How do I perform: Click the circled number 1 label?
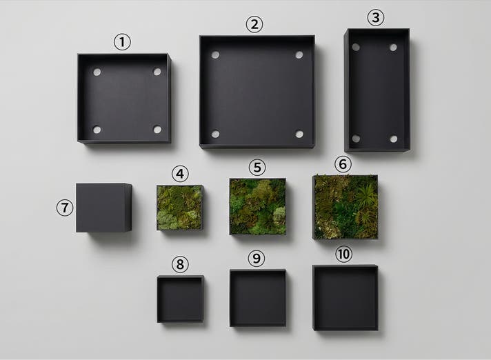(x=122, y=42)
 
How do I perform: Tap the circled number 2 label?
(x=254, y=24)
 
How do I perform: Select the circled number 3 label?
(x=376, y=17)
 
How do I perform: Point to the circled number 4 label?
(x=180, y=174)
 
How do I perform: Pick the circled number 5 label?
(x=257, y=167)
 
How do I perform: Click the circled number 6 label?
(x=343, y=164)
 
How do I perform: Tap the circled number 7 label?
(x=65, y=208)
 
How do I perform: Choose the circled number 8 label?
(x=180, y=264)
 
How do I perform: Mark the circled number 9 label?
(x=257, y=258)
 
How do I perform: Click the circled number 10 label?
(x=343, y=254)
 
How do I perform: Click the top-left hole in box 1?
(x=97, y=72)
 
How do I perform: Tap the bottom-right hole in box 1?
(x=157, y=129)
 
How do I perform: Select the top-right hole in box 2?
(x=299, y=55)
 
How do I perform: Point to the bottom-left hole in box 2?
(x=215, y=134)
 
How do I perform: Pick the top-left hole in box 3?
(x=356, y=47)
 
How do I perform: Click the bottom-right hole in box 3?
(x=394, y=139)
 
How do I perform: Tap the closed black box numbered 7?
(x=103, y=208)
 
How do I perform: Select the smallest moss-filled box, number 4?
(x=180, y=208)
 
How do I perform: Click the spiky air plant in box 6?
(x=365, y=196)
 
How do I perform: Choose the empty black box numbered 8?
(x=181, y=299)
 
